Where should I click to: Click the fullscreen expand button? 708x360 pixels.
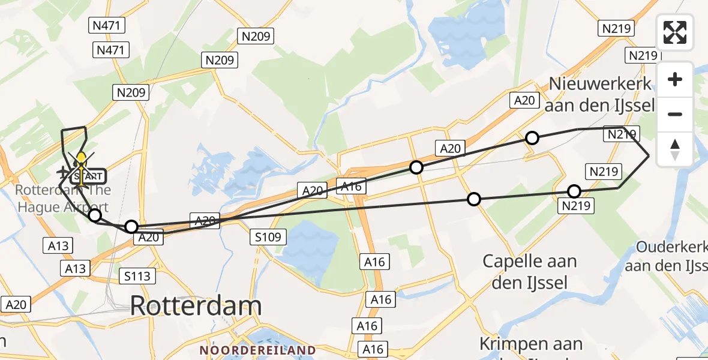(675, 32)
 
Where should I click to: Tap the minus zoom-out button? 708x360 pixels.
(675, 114)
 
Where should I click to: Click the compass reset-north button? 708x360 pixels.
(675, 149)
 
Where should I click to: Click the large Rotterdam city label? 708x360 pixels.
(196, 306)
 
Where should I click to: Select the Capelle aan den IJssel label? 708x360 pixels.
(530, 272)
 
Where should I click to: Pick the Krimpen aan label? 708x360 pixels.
(530, 344)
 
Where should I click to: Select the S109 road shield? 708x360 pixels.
(266, 238)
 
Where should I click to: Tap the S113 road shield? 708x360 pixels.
(137, 276)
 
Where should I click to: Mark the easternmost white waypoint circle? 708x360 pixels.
(574, 192)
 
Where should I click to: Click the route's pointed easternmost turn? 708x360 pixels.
(649, 155)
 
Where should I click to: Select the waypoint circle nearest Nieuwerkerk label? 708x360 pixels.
(532, 139)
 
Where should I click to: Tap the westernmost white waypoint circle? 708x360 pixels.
(94, 215)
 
